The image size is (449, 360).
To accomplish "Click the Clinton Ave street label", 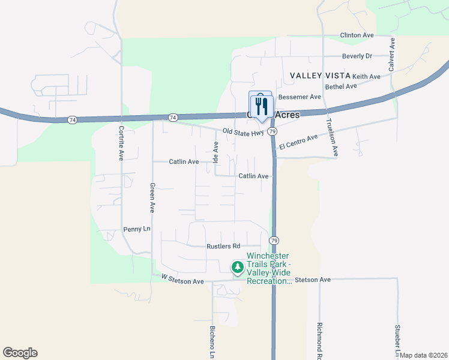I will coord(357,35).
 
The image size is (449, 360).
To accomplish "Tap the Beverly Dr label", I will coord(357,56).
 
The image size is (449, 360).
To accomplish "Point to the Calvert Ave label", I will coord(391,55).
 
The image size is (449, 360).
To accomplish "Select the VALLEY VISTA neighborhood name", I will coord(319,76).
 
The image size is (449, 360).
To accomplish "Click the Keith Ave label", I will coord(366,77).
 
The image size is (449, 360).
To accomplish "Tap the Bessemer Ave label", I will coord(300,97).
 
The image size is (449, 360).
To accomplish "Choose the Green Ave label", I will coord(152,198).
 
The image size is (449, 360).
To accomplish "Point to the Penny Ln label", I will coord(136,229).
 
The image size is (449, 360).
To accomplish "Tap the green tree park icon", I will coord(238,266).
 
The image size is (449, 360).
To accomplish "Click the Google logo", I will coord(20,353).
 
